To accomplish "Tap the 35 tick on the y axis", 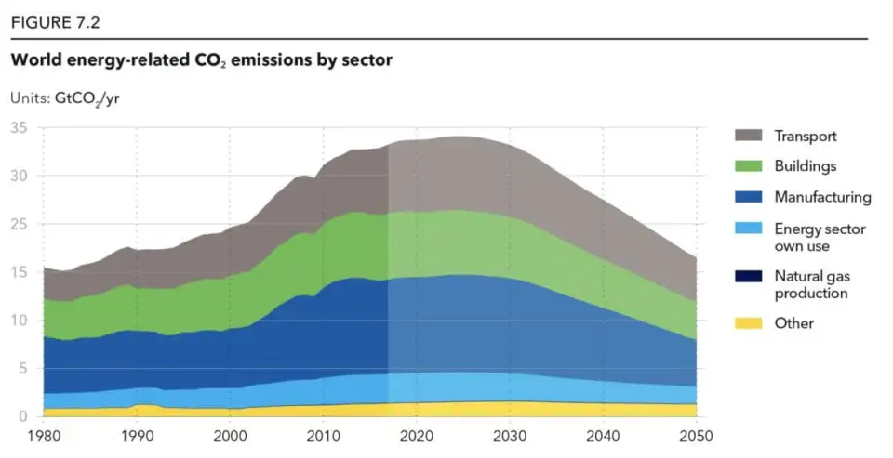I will [18, 127].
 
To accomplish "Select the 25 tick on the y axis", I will [18, 224].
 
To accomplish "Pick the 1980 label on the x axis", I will [43, 436].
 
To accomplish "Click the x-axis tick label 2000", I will [230, 436].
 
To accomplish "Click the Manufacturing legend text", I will [822, 197].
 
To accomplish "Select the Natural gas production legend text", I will [811, 284].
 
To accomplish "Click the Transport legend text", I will [806, 136].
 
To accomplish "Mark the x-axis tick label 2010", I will [323, 436].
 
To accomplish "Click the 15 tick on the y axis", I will [18, 272].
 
